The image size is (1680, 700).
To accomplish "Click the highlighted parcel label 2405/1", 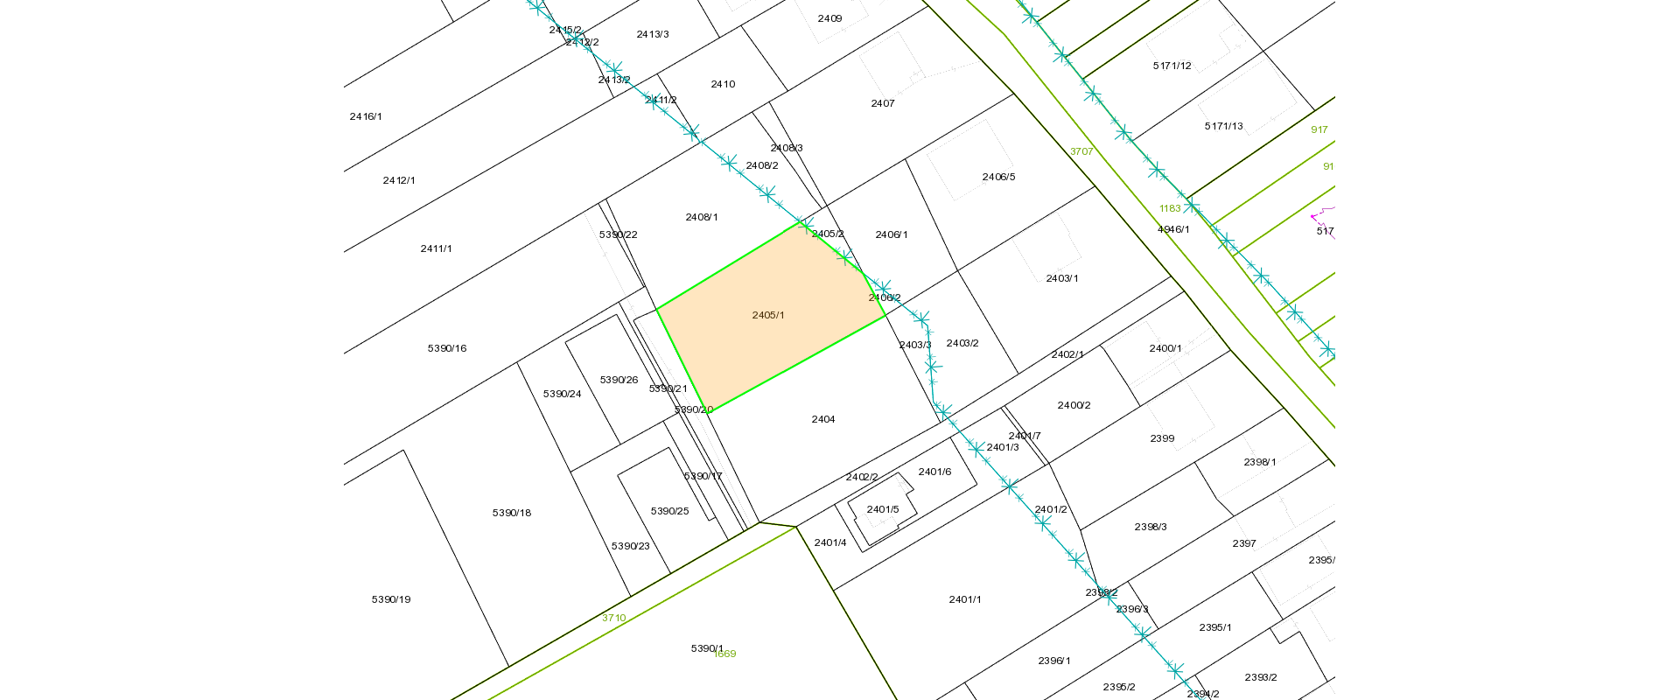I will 768,315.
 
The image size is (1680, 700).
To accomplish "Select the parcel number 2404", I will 823,419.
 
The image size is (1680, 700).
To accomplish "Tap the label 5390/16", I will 447,348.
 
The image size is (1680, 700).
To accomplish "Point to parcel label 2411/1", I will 437,248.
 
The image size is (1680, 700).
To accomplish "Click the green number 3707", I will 1081,151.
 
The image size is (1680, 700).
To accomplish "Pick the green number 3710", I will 613,618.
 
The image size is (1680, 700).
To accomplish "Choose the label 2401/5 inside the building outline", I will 883,509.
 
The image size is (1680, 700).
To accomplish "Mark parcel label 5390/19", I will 391,599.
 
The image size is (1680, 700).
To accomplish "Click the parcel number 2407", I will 883,103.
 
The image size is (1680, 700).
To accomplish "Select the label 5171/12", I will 1172,66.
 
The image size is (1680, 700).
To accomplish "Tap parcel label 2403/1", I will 1062,278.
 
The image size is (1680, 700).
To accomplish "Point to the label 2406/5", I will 998,177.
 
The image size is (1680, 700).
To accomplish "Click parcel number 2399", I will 1162,438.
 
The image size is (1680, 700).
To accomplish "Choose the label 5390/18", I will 512,513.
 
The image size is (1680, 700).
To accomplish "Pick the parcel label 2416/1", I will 366,116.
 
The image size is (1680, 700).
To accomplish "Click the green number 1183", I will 1170,208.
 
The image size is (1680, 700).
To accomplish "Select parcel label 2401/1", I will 965,599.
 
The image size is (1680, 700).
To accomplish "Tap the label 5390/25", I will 670,511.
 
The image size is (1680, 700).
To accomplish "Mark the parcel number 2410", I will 723,84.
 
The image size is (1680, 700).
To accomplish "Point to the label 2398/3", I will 1151,527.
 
